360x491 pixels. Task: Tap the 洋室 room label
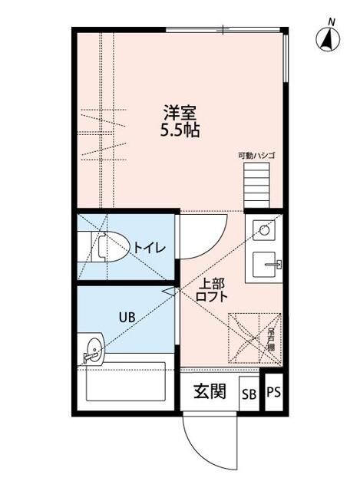tap(180, 111)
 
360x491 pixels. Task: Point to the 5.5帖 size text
tap(180, 130)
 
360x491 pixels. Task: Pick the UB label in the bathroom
tap(126, 316)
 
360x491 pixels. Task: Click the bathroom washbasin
tap(93, 349)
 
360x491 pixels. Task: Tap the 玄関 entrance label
tap(209, 392)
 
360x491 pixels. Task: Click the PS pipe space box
tap(273, 393)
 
